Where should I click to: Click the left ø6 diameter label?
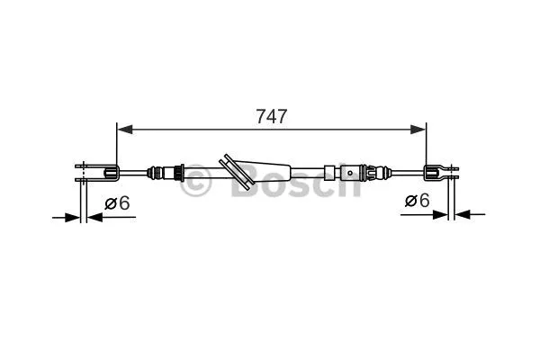pyautogui.click(x=117, y=203)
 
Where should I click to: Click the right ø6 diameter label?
pyautogui.click(x=417, y=202)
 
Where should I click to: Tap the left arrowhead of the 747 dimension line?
pyautogui.click(x=125, y=130)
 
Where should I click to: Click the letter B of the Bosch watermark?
pyautogui.click(x=245, y=181)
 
